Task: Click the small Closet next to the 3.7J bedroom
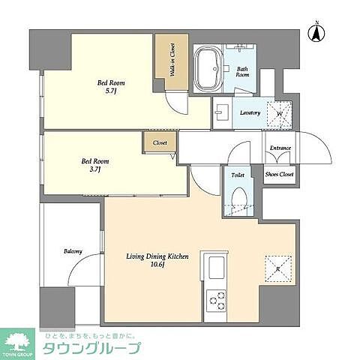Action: pos(160,142)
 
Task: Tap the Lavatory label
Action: pos(250,113)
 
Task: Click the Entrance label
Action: pos(280,148)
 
